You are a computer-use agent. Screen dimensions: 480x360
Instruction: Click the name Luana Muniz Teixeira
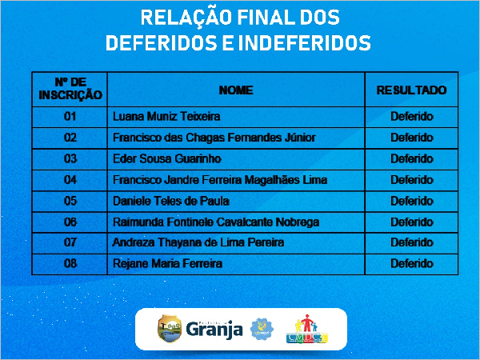click(x=166, y=117)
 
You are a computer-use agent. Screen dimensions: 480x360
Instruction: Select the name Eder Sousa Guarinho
click(x=167, y=159)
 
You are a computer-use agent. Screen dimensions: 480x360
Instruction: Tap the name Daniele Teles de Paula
click(x=171, y=201)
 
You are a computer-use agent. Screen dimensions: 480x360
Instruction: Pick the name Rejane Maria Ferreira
click(x=167, y=264)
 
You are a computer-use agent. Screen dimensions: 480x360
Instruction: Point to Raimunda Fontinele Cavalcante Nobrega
click(x=216, y=222)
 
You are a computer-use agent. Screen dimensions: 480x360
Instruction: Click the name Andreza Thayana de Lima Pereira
click(x=198, y=242)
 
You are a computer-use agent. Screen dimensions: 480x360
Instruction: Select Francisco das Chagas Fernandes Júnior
click(x=214, y=138)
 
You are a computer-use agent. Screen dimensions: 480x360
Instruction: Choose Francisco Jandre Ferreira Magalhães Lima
click(x=220, y=180)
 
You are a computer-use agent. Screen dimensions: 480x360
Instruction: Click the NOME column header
click(x=236, y=90)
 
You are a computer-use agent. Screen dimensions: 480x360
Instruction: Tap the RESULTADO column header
click(x=411, y=90)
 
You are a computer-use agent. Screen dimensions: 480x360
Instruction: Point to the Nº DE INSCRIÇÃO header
click(x=70, y=89)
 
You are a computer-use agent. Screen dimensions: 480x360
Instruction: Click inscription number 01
click(x=70, y=117)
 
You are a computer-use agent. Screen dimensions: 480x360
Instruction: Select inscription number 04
click(x=70, y=180)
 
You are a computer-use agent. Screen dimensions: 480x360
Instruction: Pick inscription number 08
click(x=70, y=264)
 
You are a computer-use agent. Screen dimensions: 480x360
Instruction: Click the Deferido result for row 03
click(x=412, y=159)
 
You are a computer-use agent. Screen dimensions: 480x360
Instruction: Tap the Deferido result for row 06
click(x=412, y=222)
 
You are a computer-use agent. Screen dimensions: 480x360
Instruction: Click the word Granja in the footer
click(x=214, y=330)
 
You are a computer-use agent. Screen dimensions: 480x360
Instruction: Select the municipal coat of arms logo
click(x=170, y=329)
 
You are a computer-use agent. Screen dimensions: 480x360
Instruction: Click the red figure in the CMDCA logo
click(x=306, y=322)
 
